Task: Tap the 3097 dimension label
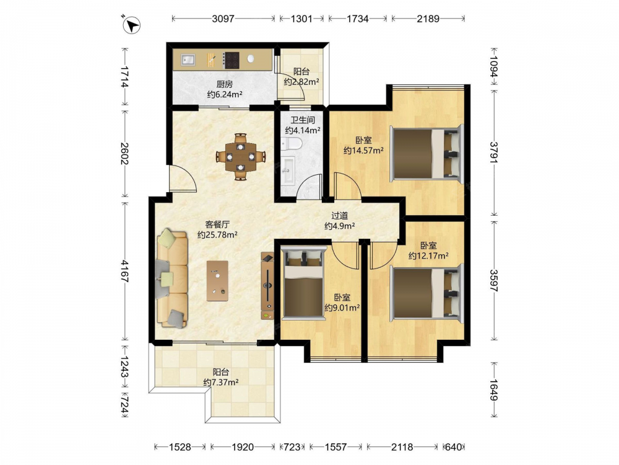click(223, 19)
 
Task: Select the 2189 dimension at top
click(428, 19)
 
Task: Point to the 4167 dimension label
click(125, 272)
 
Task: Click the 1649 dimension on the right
click(494, 390)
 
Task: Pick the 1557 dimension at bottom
click(335, 447)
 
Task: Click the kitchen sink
click(188, 60)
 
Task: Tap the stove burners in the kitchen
click(231, 60)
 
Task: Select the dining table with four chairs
click(240, 157)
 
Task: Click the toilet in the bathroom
click(292, 144)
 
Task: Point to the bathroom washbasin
click(288, 170)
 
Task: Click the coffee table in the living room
click(217, 281)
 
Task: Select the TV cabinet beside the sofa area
click(267, 285)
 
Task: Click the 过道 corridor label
click(339, 216)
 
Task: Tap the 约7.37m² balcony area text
click(221, 383)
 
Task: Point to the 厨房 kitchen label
click(224, 84)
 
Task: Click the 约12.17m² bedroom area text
click(428, 256)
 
